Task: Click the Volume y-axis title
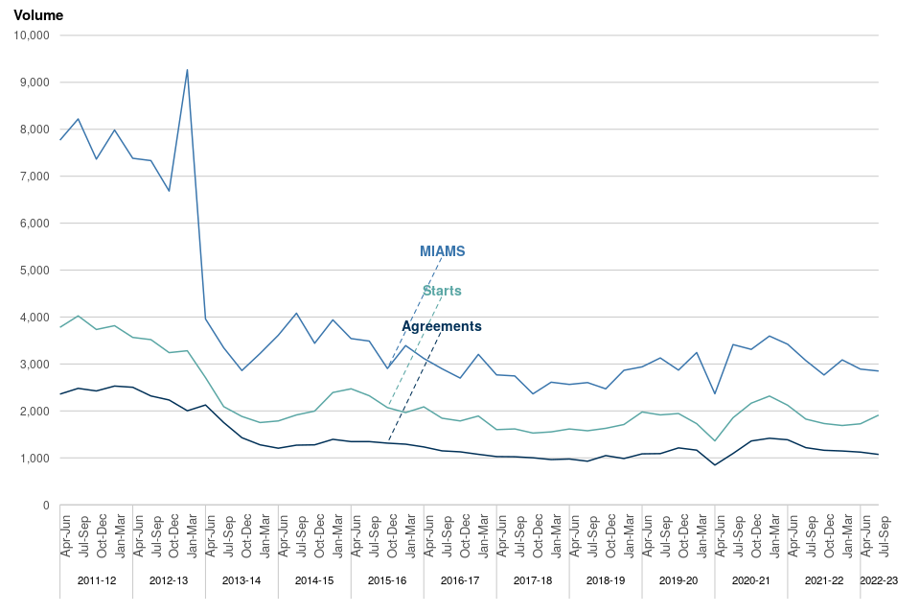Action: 38,15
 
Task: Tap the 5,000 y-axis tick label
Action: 34,271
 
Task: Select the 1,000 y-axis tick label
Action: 34,459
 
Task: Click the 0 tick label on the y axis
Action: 45,506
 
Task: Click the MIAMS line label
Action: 442,251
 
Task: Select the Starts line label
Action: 442,291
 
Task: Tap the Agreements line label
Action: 441,326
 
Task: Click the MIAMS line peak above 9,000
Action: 187,69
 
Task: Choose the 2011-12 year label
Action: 96,580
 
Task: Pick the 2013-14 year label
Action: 241,580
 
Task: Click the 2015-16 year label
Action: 387,580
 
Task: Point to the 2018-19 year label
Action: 606,580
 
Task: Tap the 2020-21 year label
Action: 751,580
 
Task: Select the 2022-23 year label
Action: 879,580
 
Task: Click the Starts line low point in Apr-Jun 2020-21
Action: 715,441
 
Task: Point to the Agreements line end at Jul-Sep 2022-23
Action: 879,455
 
